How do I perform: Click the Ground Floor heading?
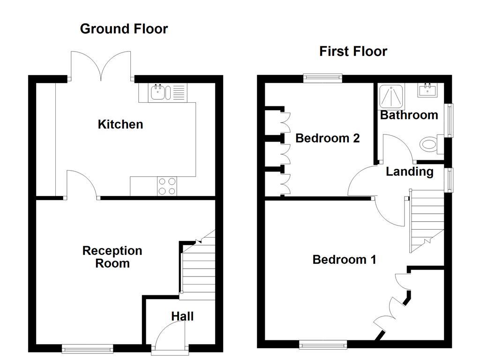(124, 29)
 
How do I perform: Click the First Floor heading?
(353, 51)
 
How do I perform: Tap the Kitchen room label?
(120, 124)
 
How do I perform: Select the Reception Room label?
(112, 257)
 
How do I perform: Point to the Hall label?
(182, 316)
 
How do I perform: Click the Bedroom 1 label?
(344, 259)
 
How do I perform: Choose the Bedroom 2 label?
(327, 138)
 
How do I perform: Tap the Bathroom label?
(408, 115)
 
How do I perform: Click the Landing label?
(409, 172)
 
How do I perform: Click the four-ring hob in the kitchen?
(167, 186)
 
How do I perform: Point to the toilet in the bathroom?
(429, 143)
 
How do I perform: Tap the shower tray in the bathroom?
(388, 97)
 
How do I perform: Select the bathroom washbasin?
(427, 90)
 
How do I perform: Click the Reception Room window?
(88, 348)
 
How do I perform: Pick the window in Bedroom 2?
(322, 78)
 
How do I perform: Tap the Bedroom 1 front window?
(323, 345)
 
